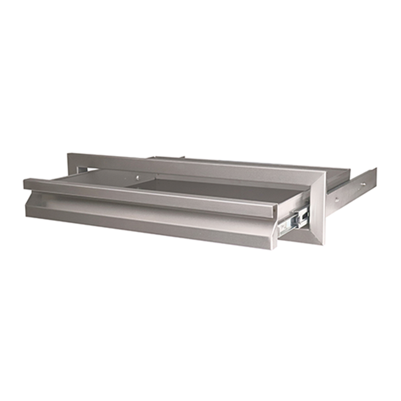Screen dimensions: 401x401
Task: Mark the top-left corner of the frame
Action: (69, 154)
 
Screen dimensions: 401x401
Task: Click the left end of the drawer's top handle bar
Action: (25, 183)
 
